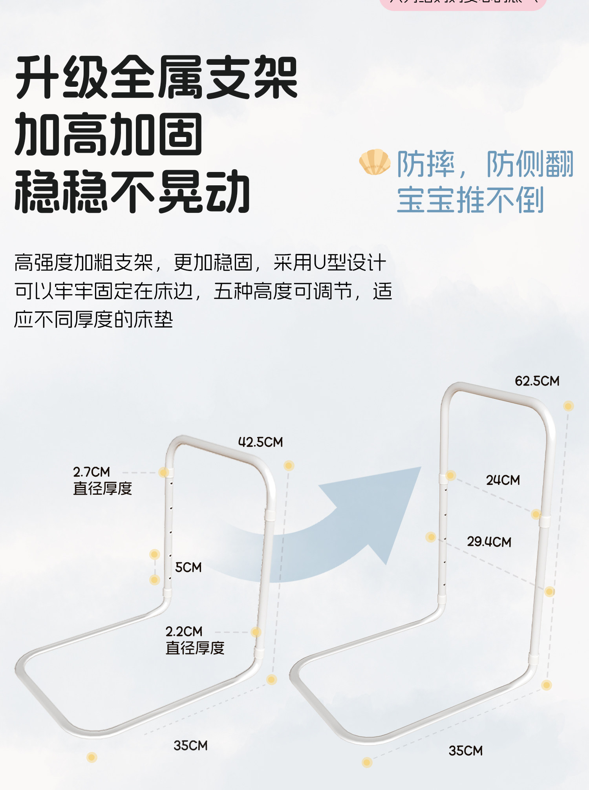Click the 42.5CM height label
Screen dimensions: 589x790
260,442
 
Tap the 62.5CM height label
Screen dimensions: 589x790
537,381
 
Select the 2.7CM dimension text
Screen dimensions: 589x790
91,472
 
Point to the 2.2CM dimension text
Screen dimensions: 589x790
184,631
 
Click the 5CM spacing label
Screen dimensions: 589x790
188,567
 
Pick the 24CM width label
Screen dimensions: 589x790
503,480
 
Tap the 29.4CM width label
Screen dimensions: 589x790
489,542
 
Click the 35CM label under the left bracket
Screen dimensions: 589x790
190,746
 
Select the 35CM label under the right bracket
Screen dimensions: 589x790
465,751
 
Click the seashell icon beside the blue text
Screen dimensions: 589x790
375,162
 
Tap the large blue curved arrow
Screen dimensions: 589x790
353,526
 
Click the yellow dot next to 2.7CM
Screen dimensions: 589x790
164,472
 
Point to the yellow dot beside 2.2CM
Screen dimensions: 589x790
256,632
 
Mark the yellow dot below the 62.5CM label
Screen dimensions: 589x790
568,406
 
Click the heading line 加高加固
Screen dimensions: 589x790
108,134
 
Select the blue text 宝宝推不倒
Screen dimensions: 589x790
470,200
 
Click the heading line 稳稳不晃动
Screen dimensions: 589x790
132,192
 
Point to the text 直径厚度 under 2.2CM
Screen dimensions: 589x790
195,648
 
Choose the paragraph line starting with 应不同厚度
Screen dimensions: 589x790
93,320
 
